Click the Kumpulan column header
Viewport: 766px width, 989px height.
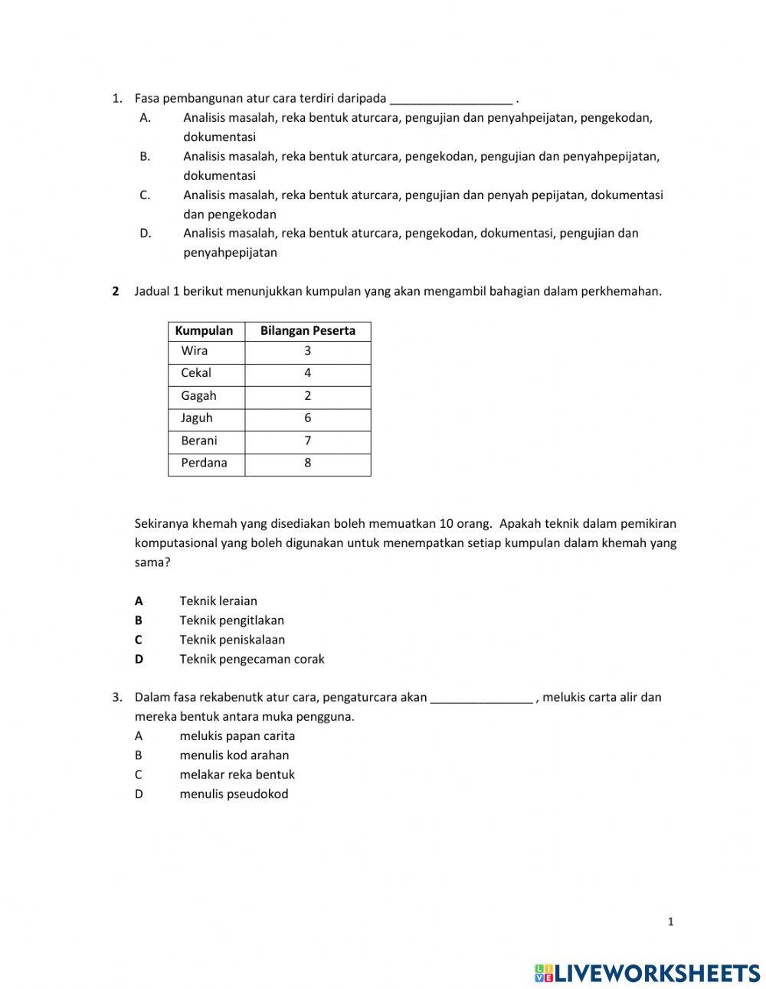pyautogui.click(x=204, y=331)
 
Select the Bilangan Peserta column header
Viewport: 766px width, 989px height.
pyautogui.click(x=307, y=331)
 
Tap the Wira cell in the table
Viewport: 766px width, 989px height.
pyautogui.click(x=195, y=351)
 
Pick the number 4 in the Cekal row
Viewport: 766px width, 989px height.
pyautogui.click(x=307, y=373)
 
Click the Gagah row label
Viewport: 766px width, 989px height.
pyautogui.click(x=198, y=396)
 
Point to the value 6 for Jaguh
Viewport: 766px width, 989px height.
pyautogui.click(x=307, y=418)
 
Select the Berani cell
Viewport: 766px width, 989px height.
pyautogui.click(x=199, y=440)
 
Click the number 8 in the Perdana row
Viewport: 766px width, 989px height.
pyautogui.click(x=307, y=463)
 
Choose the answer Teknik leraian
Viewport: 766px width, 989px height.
pyautogui.click(x=218, y=601)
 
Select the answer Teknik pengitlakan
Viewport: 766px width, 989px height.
pyautogui.click(x=231, y=621)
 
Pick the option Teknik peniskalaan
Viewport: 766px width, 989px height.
pyautogui.click(x=232, y=640)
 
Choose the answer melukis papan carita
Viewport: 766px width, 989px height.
pyautogui.click(x=237, y=736)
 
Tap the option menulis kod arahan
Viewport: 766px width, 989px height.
pyautogui.click(x=234, y=755)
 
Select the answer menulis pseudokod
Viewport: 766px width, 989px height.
pyautogui.click(x=234, y=794)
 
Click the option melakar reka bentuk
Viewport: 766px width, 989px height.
pyautogui.click(x=237, y=774)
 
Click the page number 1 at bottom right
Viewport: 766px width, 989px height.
pyautogui.click(x=670, y=922)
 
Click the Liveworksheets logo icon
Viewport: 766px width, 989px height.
pyautogui.click(x=544, y=973)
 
